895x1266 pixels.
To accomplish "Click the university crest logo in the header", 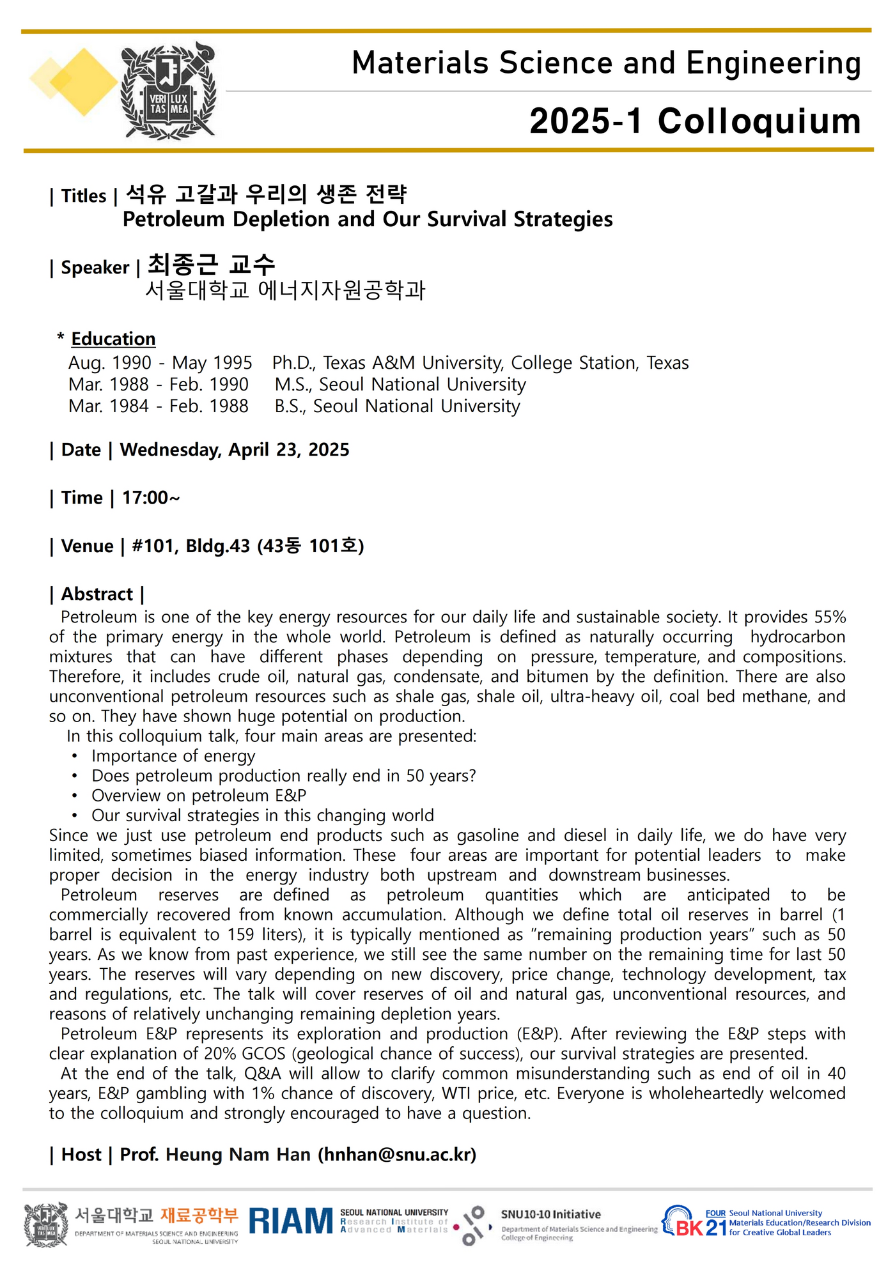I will coord(169,91).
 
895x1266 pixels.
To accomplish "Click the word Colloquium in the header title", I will coord(759,121).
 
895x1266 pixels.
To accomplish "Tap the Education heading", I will coord(113,339).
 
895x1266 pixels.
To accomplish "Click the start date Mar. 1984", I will coord(109,406).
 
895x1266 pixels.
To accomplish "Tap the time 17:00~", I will coord(151,498).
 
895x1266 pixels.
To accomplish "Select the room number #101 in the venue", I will coord(154,546).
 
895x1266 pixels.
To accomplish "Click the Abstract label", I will coord(97,594).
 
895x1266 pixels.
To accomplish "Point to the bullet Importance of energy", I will coord(173,756).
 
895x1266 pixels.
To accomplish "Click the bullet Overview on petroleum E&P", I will coord(199,796).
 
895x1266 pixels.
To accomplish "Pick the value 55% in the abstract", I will coord(830,617).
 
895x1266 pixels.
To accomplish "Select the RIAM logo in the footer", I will coord(291,1221).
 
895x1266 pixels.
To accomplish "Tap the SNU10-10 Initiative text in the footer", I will coord(550,1214).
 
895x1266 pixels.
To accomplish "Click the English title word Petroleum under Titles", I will coord(173,219).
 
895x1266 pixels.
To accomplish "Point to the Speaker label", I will coord(95,267).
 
